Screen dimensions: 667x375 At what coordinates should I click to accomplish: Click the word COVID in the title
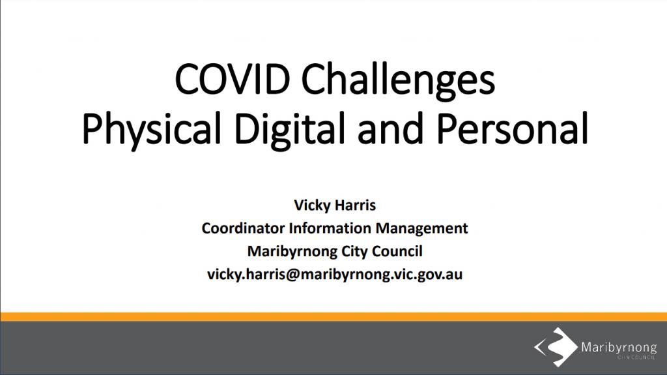pos(233,80)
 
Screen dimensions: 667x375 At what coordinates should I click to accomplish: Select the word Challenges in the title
pos(399,82)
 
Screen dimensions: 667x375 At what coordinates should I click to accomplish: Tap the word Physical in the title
pos(151,130)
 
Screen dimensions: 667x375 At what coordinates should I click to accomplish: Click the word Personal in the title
pos(512,128)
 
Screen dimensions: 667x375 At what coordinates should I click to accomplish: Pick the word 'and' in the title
pos(391,128)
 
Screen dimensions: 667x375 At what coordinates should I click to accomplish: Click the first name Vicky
pos(312,205)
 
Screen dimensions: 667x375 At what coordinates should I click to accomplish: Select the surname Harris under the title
pos(355,205)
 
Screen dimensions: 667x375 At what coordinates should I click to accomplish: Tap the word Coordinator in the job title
pos(243,228)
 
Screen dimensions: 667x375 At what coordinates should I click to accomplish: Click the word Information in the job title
pos(330,228)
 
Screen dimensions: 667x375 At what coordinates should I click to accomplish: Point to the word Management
pos(421,229)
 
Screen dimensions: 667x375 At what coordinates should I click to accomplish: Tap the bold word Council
pos(397,251)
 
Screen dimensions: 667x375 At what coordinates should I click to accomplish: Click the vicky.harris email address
pos(335,275)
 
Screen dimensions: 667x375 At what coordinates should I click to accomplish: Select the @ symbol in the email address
pos(292,275)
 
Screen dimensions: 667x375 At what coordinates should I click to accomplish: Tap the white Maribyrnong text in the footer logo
pos(619,348)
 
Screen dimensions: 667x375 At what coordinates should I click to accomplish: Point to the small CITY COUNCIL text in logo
pos(636,357)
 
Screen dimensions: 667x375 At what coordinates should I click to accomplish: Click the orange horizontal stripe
pos(333,316)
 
